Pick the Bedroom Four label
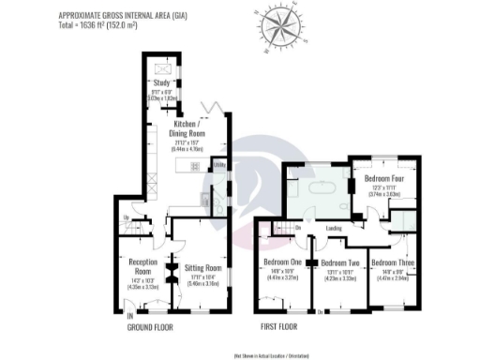[x=383, y=175]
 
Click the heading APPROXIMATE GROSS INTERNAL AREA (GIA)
[x=116, y=15]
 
